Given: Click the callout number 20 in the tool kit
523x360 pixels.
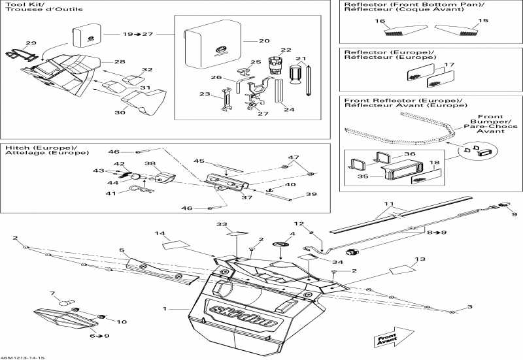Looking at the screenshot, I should click(263, 41).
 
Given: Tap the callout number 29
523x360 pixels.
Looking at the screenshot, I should click(31, 43).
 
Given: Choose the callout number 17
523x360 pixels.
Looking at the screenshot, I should click(448, 65).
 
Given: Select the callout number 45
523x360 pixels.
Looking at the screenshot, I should click(199, 161).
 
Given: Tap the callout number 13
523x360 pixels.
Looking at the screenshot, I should click(419, 259).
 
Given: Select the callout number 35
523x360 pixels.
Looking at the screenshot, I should click(363, 175).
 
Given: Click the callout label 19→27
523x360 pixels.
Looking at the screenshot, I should click(137, 33).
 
